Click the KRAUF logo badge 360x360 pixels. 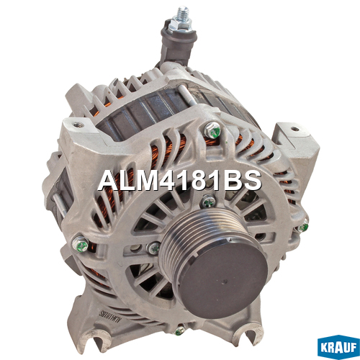point(338,346)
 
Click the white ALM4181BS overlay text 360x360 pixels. point(179,181)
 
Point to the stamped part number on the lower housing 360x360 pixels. point(109,317)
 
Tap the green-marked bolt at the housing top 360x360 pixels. point(212,130)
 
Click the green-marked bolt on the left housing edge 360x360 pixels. point(81,243)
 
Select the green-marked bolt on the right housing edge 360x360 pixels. point(303,226)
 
